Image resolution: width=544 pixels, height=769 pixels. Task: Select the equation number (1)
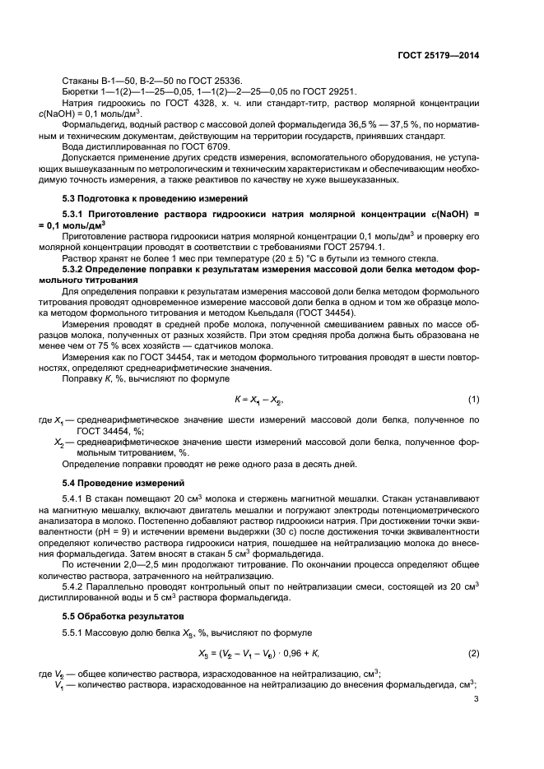(473, 399)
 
